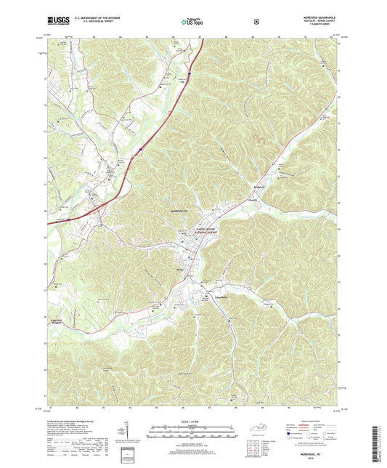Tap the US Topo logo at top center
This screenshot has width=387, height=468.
pos(193,22)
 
